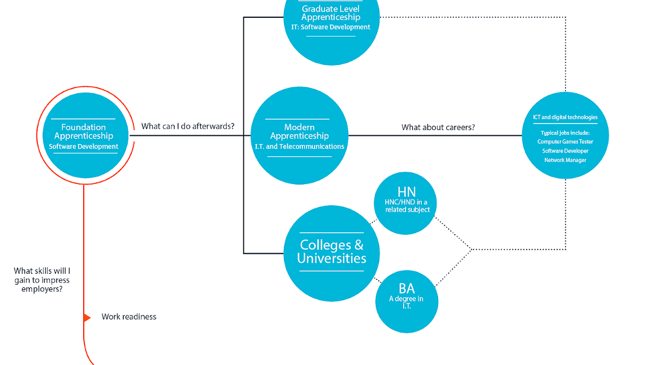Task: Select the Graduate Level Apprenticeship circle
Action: click(x=331, y=25)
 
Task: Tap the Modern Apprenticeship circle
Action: click(x=299, y=136)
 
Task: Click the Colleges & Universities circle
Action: click(x=331, y=252)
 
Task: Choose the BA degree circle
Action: click(x=406, y=301)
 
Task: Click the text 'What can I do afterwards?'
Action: click(x=188, y=126)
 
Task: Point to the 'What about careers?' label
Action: click(x=438, y=127)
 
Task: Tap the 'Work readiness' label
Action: click(x=129, y=317)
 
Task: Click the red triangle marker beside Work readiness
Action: click(x=87, y=318)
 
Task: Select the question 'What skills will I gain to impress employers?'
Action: click(x=42, y=280)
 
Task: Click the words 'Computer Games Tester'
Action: click(x=565, y=142)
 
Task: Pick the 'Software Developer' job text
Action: click(x=565, y=151)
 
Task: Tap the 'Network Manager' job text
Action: click(x=565, y=160)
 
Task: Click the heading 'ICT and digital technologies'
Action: click(x=565, y=118)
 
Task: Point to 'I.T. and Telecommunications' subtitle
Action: click(x=299, y=147)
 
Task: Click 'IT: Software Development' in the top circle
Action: click(x=331, y=27)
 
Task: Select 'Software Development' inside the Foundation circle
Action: click(x=84, y=147)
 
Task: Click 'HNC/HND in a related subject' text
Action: click(x=407, y=206)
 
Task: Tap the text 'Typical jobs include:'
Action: click(x=565, y=133)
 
